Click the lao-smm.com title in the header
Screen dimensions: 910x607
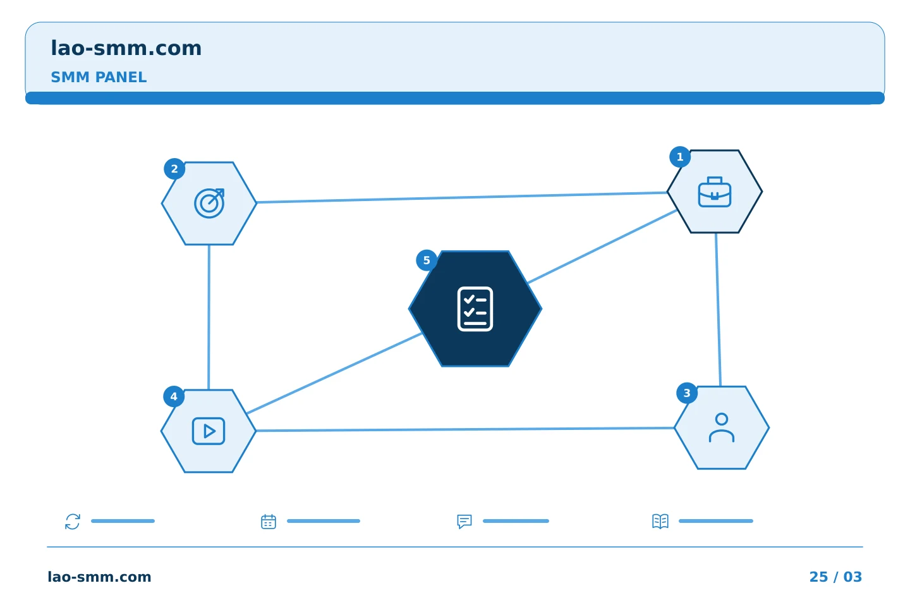[126, 49]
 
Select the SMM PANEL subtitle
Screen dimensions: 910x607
[99, 77]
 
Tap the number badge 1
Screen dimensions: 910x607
[680, 157]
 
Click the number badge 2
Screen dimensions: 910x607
[174, 169]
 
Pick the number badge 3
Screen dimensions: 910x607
[687, 393]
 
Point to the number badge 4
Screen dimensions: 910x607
[174, 396]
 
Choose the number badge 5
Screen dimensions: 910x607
[427, 261]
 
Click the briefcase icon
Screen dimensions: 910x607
[715, 192]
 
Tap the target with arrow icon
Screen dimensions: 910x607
[209, 204]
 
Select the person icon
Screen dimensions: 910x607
[722, 427]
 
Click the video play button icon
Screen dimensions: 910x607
[209, 431]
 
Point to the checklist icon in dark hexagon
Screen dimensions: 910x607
[475, 309]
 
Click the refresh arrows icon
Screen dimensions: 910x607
[73, 521]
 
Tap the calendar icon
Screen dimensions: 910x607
[269, 521]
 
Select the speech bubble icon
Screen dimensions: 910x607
[464, 521]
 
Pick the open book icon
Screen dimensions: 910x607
[660, 521]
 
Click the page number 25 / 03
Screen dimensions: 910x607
[835, 577]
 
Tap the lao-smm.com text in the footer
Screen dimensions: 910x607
[99, 577]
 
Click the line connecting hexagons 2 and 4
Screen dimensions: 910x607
[209, 317]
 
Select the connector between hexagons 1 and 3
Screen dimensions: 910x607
[719, 310]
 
